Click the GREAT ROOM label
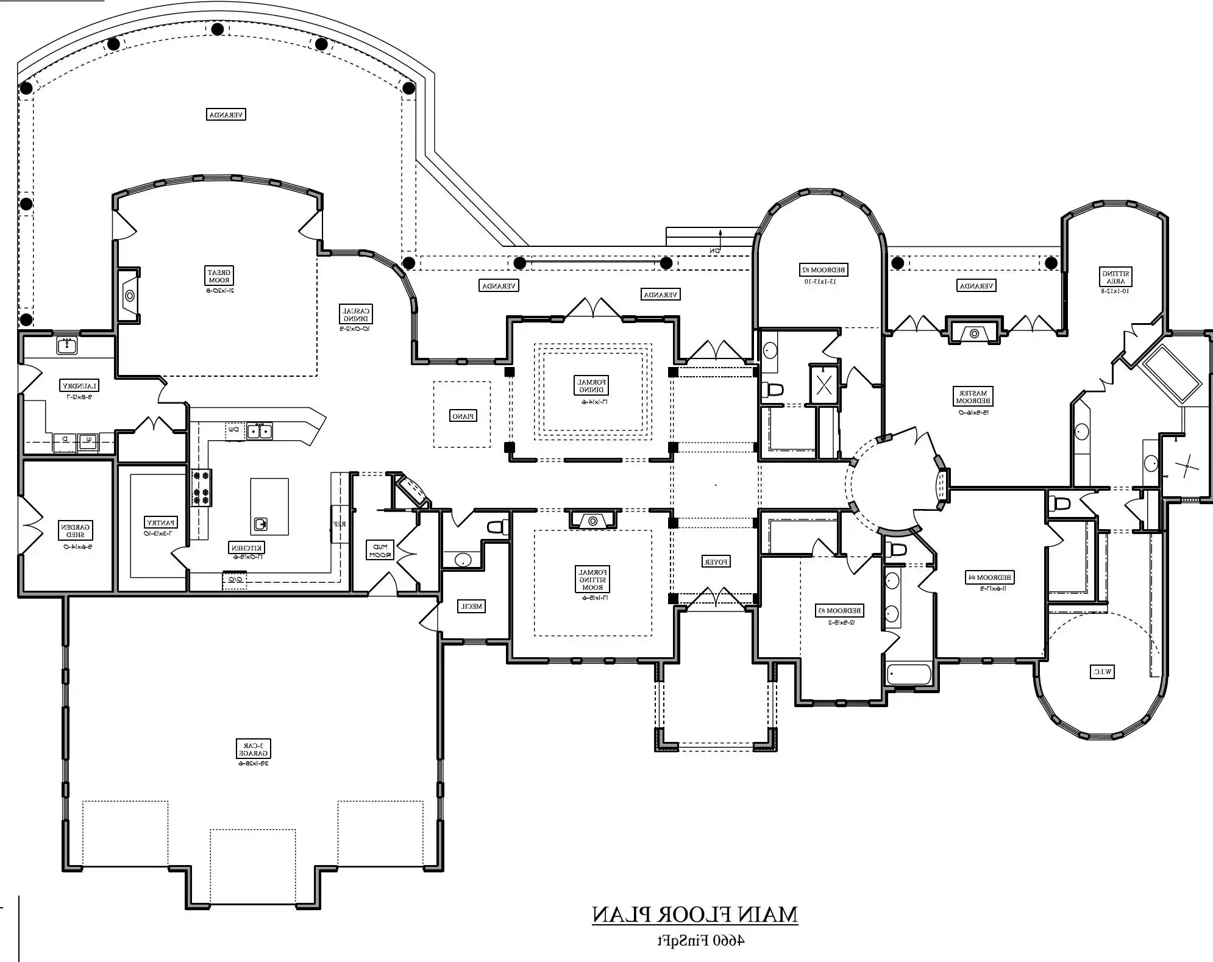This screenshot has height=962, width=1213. tap(218, 276)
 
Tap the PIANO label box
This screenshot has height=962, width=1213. tap(463, 416)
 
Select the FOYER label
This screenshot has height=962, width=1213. tap(717, 561)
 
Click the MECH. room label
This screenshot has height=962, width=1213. tap(471, 606)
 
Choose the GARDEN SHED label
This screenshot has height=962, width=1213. tap(76, 530)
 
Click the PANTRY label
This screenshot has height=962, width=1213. tap(160, 522)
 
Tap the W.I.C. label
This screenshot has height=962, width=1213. tap(1102, 672)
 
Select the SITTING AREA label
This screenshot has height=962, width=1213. tap(1115, 277)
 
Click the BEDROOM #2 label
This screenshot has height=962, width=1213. tap(823, 269)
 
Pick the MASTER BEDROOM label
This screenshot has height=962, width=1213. tap(973, 397)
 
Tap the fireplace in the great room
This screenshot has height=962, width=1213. tap(129, 295)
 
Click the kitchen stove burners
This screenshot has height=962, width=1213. tap(202, 487)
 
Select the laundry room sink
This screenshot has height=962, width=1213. tap(66, 346)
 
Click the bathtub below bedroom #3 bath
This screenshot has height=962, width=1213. tap(909, 674)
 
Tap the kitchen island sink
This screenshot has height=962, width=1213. tap(261, 524)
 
